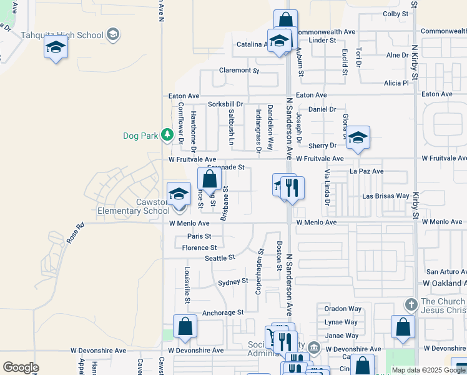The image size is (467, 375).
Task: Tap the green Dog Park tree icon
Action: tap(167, 134)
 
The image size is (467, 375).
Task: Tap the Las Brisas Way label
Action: tap(386, 196)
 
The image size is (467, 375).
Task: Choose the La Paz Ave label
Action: tap(366, 171)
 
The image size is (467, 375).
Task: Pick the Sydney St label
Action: tap(233, 282)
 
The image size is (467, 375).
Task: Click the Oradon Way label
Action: tap(343, 309)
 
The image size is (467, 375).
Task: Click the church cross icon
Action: tap(410, 304)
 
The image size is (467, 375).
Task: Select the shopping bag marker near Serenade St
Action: tap(210, 179)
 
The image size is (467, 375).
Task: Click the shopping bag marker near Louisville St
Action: tap(185, 326)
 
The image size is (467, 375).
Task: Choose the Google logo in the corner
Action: tap(21, 367)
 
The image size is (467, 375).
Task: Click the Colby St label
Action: tap(395, 13)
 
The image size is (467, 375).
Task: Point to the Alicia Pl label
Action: tap(396, 83)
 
